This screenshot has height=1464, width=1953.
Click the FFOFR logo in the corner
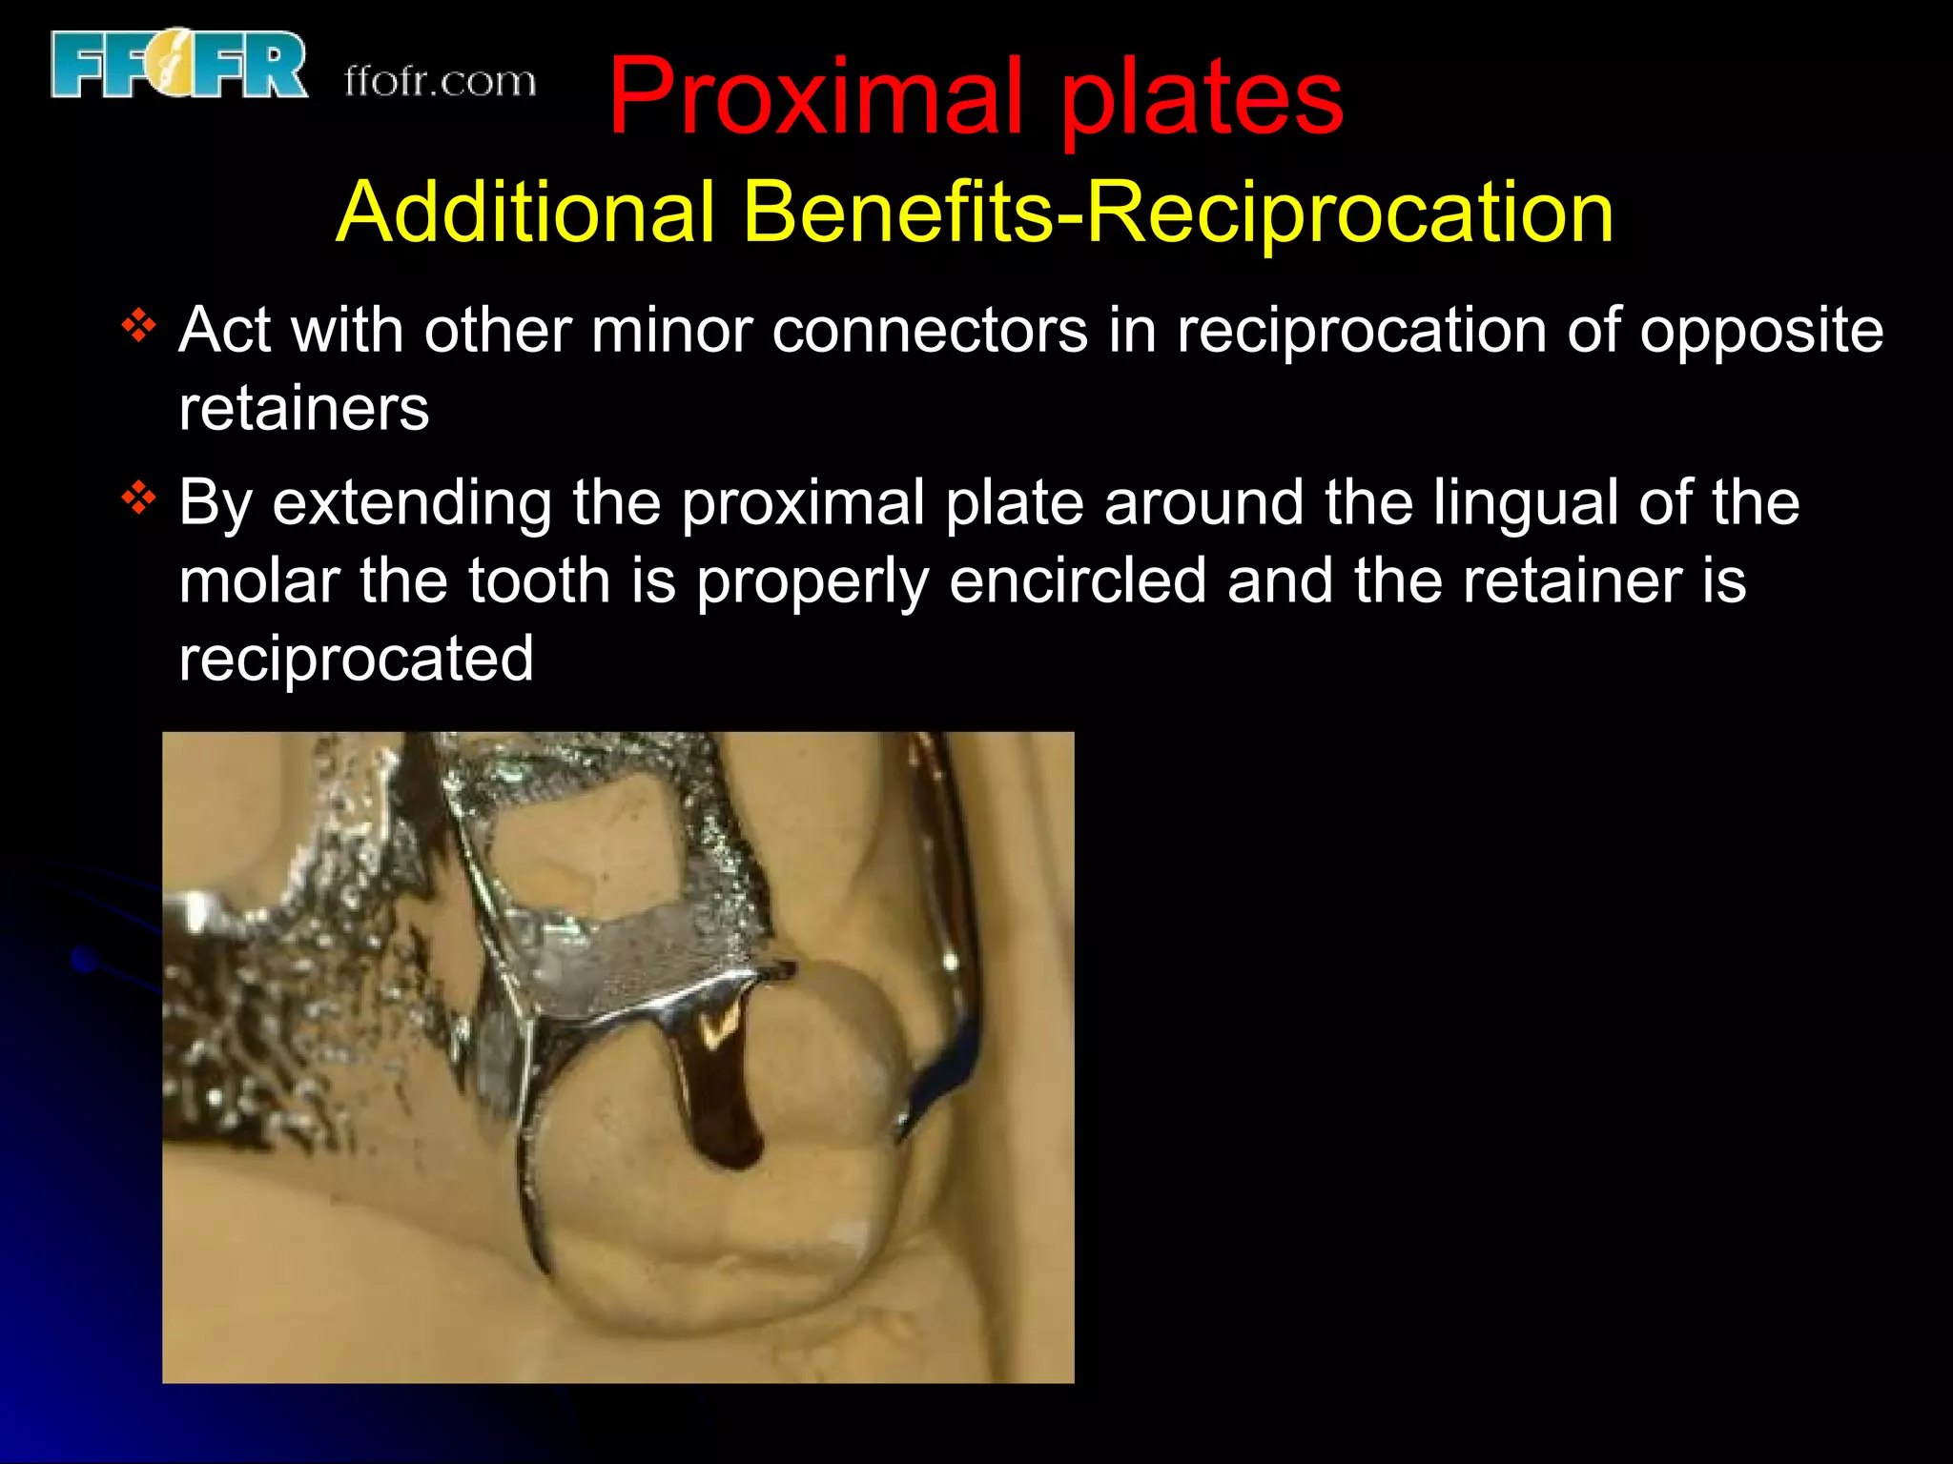click(x=179, y=65)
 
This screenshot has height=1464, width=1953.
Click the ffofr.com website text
click(x=440, y=82)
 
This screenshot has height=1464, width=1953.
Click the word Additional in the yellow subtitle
click(x=525, y=212)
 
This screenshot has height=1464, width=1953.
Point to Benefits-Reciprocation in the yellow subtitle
click(x=1179, y=212)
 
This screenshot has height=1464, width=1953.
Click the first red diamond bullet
click(x=139, y=327)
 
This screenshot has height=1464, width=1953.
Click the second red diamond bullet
click(x=139, y=498)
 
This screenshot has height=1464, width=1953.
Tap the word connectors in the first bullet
click(x=930, y=331)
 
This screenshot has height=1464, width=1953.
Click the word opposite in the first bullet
click(x=1760, y=331)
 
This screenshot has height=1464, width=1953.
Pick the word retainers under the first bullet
click(x=304, y=409)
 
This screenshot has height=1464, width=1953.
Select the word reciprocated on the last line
click(x=356, y=659)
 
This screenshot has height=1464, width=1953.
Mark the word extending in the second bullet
click(x=412, y=502)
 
